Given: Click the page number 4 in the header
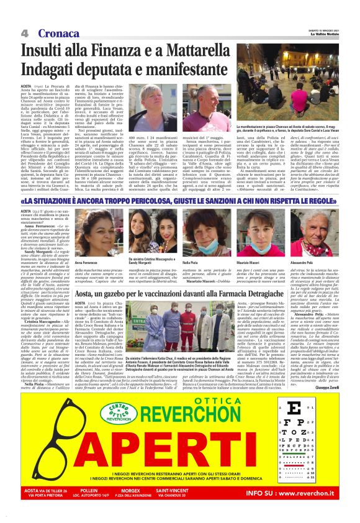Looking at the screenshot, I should pos(25,32).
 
